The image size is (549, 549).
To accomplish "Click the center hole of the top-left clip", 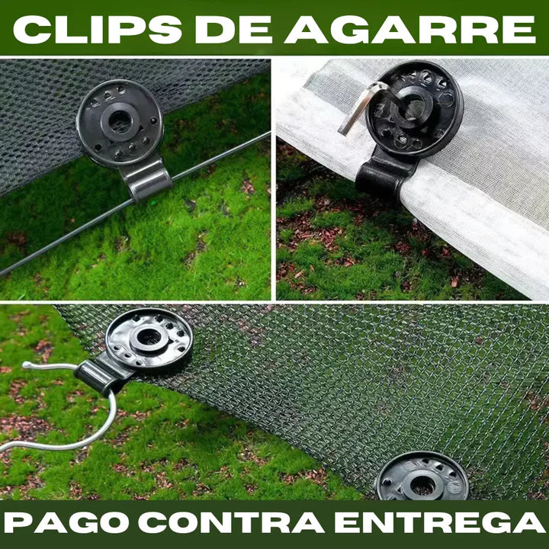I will (x=119, y=120).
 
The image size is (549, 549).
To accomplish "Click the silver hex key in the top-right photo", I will (x=362, y=103).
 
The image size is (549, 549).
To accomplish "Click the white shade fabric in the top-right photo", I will (x=488, y=191).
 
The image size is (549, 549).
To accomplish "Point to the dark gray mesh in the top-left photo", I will (x=38, y=130).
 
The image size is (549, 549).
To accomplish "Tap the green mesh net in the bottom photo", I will (x=343, y=389).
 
